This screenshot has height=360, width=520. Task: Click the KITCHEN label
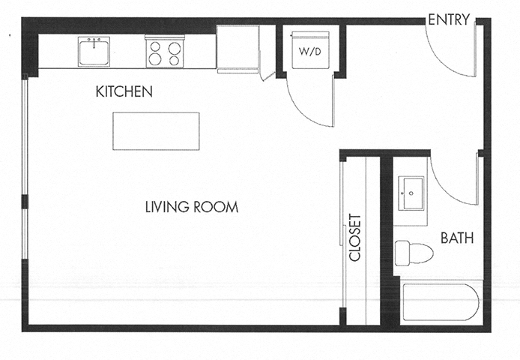click(x=124, y=92)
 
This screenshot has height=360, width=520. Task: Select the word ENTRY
click(x=447, y=20)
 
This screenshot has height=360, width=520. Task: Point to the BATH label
click(x=456, y=239)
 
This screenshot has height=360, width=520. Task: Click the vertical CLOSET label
click(x=355, y=238)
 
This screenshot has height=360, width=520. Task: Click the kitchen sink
click(x=95, y=53)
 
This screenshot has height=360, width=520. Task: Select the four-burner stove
click(x=165, y=52)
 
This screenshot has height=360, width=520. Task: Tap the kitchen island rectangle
click(x=156, y=131)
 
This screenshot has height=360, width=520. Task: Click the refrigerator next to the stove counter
click(x=238, y=49)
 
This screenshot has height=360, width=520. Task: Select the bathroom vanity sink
click(x=410, y=193)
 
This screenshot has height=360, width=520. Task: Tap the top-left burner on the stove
click(x=157, y=46)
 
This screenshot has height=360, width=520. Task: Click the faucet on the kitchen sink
click(x=95, y=40)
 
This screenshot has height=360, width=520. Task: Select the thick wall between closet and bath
click(x=387, y=240)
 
